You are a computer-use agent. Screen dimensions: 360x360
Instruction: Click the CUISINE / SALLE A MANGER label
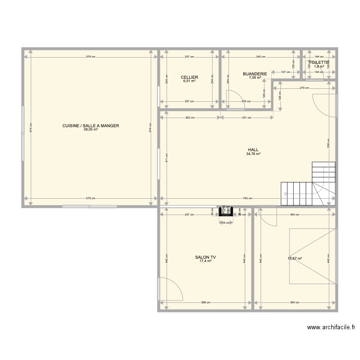pyautogui.click(x=90, y=126)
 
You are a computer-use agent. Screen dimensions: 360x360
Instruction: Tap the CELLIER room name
pyautogui.click(x=190, y=77)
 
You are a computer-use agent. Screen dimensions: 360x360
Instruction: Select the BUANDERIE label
pyautogui.click(x=255, y=74)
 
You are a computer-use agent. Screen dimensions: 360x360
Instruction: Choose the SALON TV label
pyautogui.click(x=205, y=258)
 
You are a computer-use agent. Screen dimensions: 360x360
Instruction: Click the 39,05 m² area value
pyautogui.click(x=90, y=130)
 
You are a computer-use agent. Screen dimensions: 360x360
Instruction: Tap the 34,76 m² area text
pyautogui.click(x=253, y=154)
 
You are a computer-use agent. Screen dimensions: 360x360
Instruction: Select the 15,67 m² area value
pyautogui.click(x=295, y=259)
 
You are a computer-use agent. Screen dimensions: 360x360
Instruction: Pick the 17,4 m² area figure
pyautogui.click(x=205, y=262)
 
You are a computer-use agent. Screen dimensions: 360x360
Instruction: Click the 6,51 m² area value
pyautogui.click(x=190, y=81)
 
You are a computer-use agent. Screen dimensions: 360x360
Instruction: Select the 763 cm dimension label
pyautogui.click(x=246, y=198)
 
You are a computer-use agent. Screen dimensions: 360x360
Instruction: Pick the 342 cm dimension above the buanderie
pyautogui.click(x=260, y=57)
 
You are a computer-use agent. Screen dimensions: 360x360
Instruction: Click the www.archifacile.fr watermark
pyautogui.click(x=332, y=328)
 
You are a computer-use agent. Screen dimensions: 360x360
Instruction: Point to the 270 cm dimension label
pyautogui.click(x=304, y=88)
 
